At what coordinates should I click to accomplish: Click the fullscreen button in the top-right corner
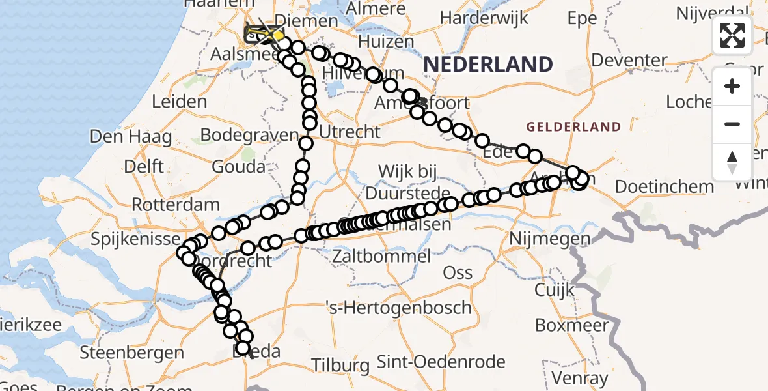732,35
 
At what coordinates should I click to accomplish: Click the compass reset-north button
732,162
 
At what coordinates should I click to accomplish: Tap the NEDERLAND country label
488,65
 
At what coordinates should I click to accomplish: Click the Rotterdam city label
176,205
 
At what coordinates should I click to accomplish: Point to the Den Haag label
131,137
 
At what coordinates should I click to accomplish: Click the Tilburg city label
336,365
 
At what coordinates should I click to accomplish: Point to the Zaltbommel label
381,256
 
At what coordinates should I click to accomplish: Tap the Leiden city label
179,102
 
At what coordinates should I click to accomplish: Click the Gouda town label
239,166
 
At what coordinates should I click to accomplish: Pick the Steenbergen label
132,353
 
